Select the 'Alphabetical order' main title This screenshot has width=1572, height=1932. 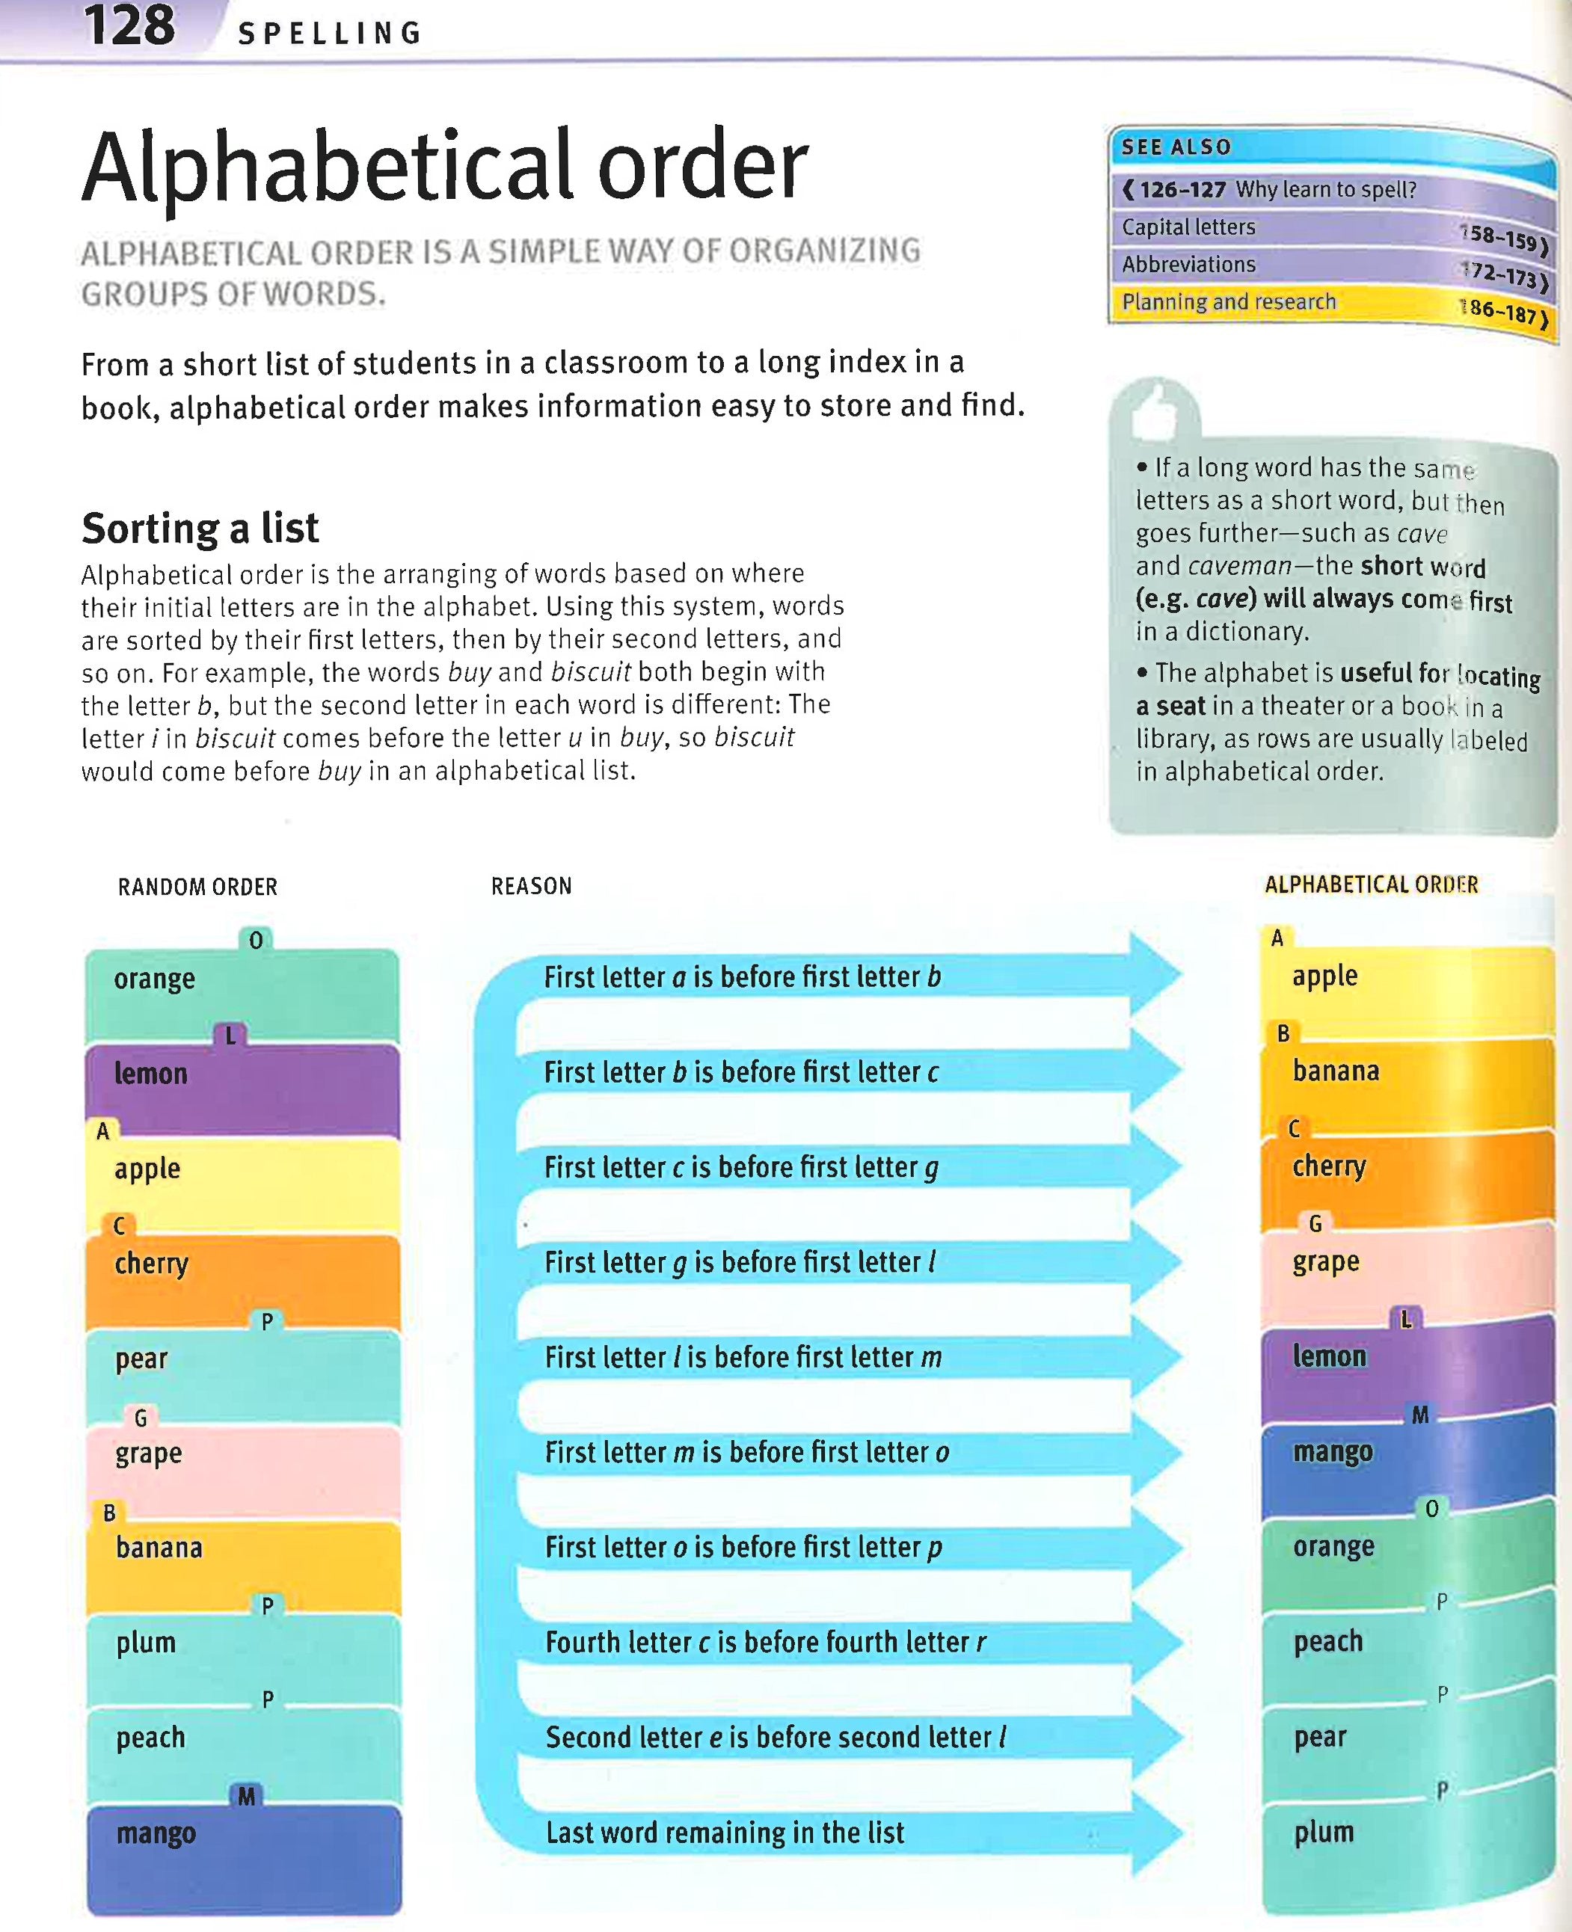pyautogui.click(x=443, y=167)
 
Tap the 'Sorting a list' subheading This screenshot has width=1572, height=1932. pyautogui.click(x=200, y=528)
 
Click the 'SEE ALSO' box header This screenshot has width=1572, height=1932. pyautogui.click(x=1176, y=147)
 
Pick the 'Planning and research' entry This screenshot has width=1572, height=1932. pyautogui.click(x=1228, y=301)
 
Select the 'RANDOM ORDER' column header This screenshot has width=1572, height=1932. pyautogui.click(x=197, y=886)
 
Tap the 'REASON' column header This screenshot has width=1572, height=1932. pyautogui.click(x=532, y=885)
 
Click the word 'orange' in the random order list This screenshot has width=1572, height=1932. pyautogui.click(x=154, y=979)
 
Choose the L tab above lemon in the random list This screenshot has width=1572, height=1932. pyautogui.click(x=231, y=1035)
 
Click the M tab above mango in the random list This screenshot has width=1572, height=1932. pyautogui.click(x=246, y=1796)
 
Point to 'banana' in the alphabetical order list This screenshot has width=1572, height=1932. pyautogui.click(x=1336, y=1071)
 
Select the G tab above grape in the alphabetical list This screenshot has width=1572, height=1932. pyautogui.click(x=1315, y=1224)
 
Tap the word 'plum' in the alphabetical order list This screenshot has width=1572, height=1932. pyautogui.click(x=1323, y=1833)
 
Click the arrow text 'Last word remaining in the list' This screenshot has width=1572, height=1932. pyautogui.click(x=725, y=1833)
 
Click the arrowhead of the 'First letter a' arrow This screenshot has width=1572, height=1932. pyautogui.click(x=1155, y=975)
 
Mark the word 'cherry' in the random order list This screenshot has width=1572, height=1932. pyautogui.click(x=151, y=1263)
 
